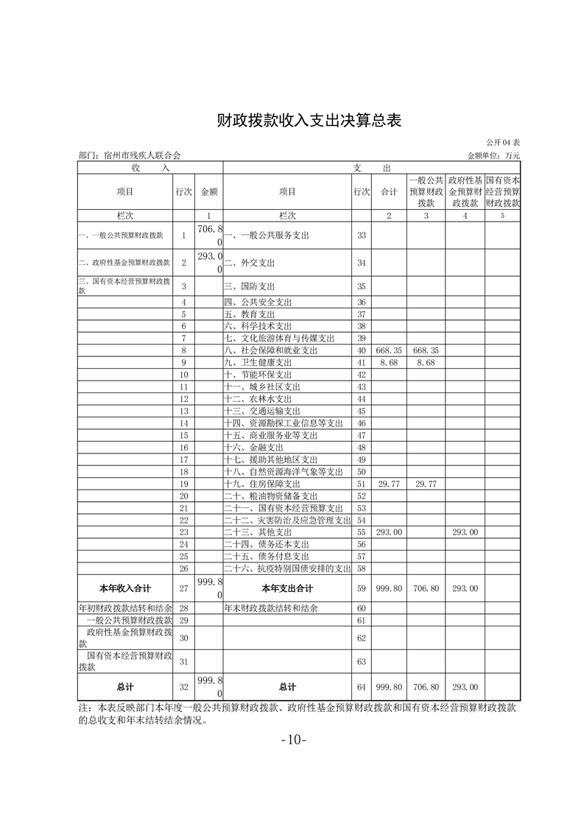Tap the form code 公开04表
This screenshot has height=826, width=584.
tap(503, 142)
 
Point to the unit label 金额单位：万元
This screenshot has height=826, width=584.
tap(493, 155)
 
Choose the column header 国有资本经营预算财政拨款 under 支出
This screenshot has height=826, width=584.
tap(503, 191)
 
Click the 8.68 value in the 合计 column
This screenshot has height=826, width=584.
tap(387, 363)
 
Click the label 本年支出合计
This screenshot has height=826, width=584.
tap(287, 588)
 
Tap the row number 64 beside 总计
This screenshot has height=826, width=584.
tap(361, 686)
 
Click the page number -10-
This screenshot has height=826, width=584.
tap(293, 740)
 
